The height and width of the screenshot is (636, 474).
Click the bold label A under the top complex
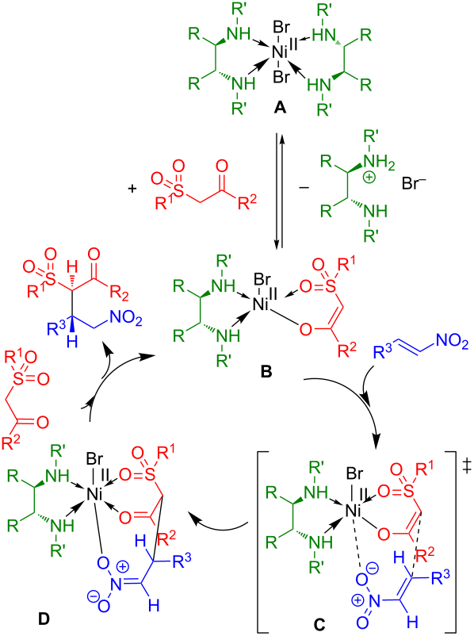pyautogui.click(x=280, y=108)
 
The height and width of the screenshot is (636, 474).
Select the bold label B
pyautogui.click(x=266, y=372)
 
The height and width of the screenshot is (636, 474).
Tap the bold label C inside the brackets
pyautogui.click(x=319, y=624)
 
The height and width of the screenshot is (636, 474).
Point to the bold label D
pyautogui.click(x=44, y=619)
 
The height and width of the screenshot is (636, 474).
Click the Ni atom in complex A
pyautogui.click(x=280, y=52)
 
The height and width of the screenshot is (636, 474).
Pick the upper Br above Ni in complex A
pyautogui.click(x=281, y=28)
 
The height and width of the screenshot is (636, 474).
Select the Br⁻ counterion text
pyautogui.click(x=415, y=184)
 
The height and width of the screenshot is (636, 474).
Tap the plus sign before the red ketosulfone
pyautogui.click(x=132, y=189)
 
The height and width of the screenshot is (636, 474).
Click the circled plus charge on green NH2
pyautogui.click(x=369, y=178)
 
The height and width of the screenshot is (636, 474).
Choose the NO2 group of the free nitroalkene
pyautogui.click(x=452, y=343)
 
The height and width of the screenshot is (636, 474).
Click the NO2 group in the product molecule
pyautogui.click(x=126, y=320)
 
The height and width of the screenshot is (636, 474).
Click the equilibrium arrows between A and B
pyautogui.click(x=279, y=190)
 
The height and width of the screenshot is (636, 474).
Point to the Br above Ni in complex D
pyautogui.click(x=95, y=458)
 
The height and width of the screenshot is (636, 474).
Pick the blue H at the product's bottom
pyautogui.click(x=72, y=342)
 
